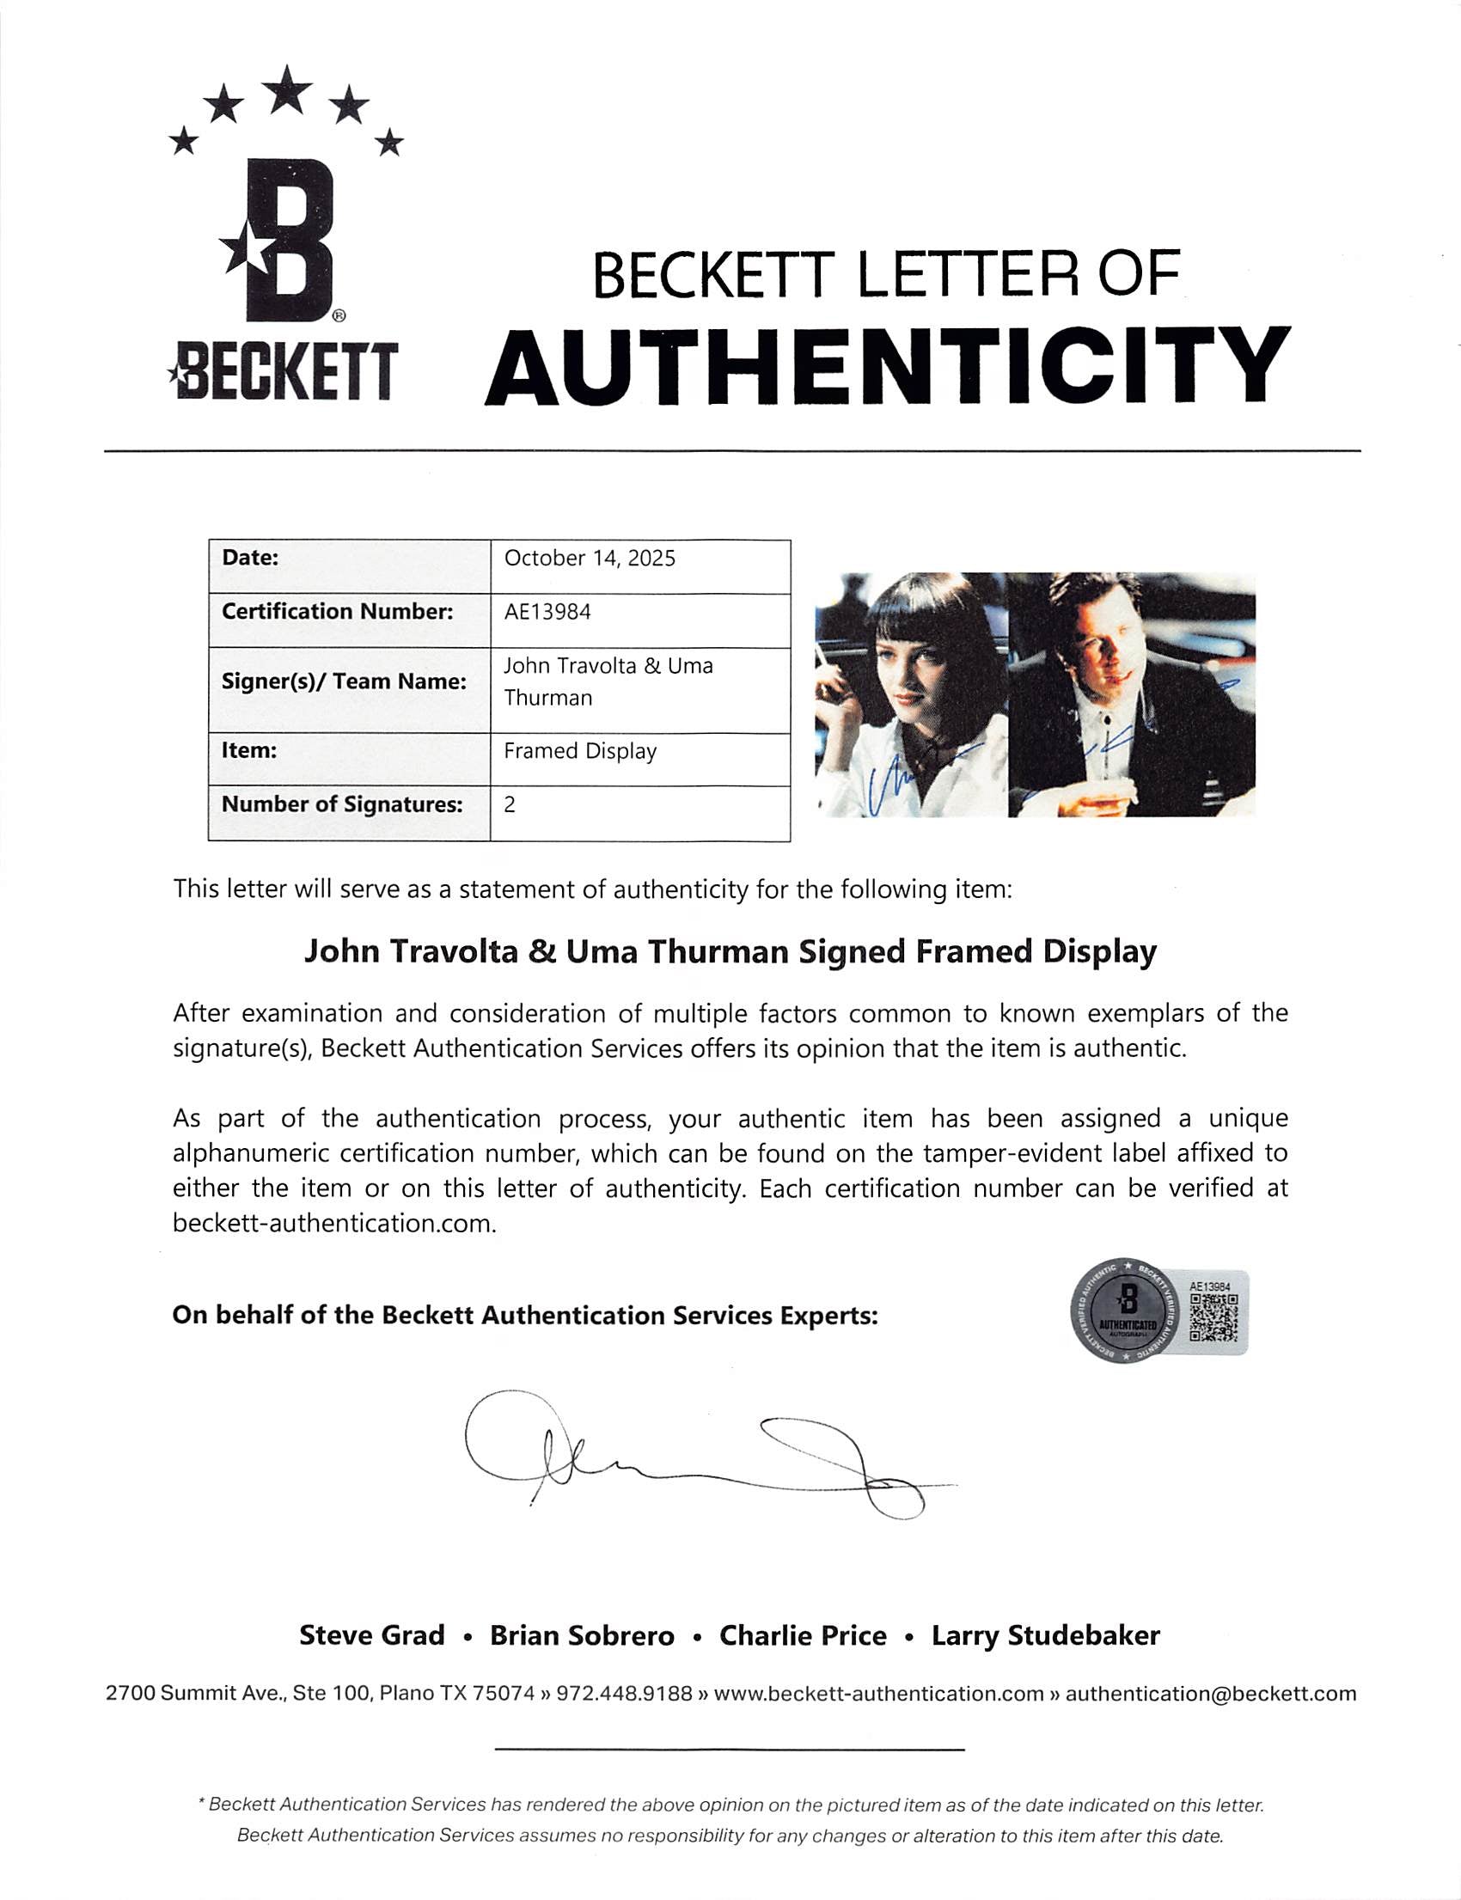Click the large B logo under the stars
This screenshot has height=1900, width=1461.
pos(287,240)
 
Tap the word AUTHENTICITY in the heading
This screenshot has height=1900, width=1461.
pos(886,366)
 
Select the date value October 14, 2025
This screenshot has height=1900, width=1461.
pos(590,559)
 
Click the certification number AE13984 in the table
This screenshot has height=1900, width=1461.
pos(547,612)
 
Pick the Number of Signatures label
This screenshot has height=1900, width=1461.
pos(342,804)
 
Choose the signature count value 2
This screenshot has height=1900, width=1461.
pos(510,804)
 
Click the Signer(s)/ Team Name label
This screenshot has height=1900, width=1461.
pos(344,681)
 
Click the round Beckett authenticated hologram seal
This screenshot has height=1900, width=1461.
pos(1128,1312)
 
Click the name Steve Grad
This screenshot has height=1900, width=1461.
pos(371,1635)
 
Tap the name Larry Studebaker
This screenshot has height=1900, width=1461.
pos(1045,1635)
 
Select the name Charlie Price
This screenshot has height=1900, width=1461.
pos(802,1635)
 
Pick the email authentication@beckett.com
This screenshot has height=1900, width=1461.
pos(1211,1693)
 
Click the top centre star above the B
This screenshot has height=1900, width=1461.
pos(287,90)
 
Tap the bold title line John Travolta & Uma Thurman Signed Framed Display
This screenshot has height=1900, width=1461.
pos(730,951)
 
